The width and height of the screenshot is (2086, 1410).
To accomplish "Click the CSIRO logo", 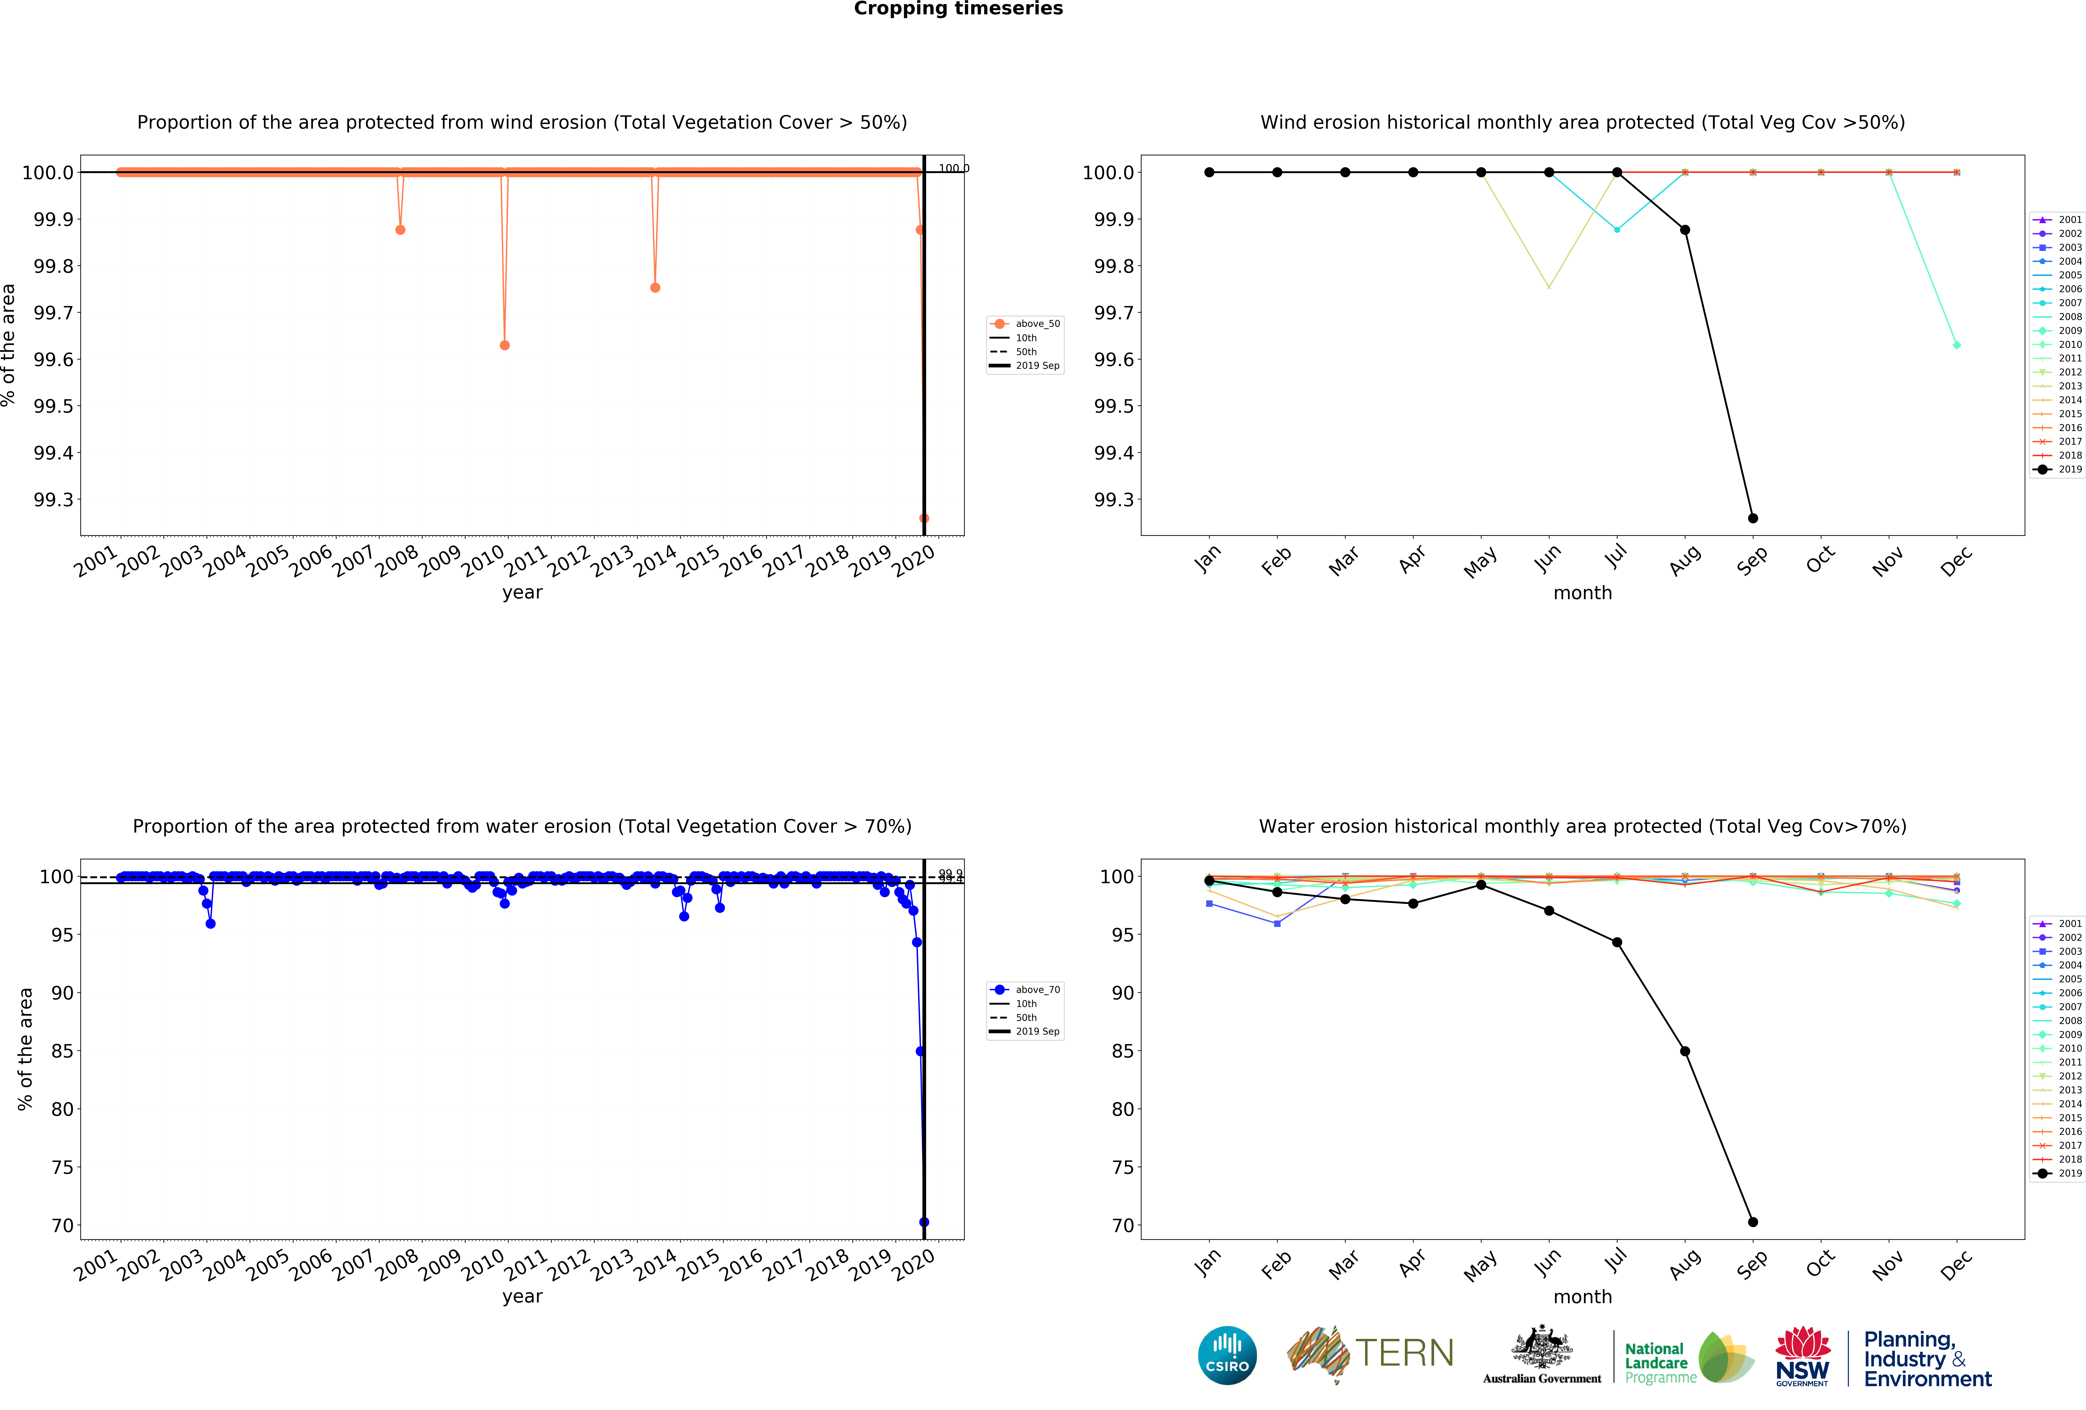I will (1227, 1355).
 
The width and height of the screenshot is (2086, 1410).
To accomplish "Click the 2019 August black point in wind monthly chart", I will (1685, 230).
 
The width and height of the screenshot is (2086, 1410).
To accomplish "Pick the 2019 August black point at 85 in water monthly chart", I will (1685, 1051).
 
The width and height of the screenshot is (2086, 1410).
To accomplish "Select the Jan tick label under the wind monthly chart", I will (1207, 558).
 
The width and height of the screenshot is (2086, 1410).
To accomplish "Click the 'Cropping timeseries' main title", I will (958, 9).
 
